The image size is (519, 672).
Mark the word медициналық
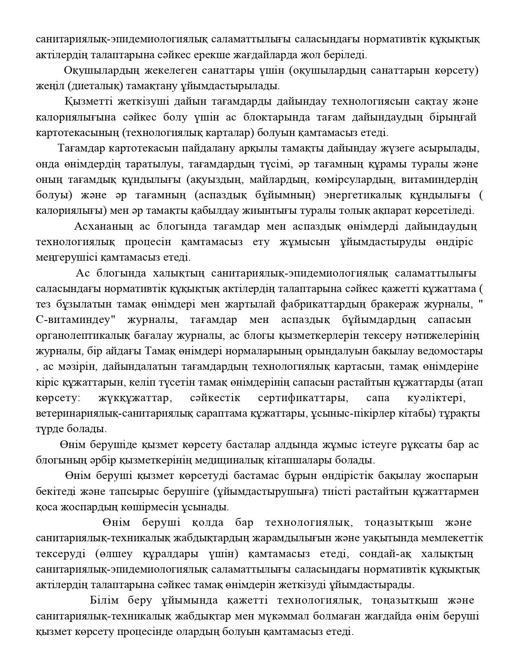click(x=230, y=461)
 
